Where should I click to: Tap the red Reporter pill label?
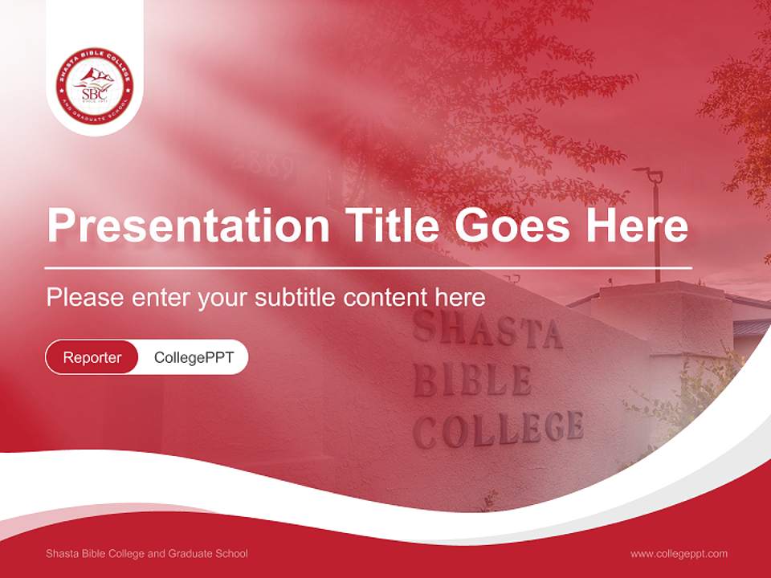[92, 357]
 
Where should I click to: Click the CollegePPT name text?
[194, 357]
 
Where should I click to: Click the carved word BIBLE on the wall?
[472, 380]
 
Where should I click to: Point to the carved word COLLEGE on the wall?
[498, 429]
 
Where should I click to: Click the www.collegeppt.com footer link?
[679, 553]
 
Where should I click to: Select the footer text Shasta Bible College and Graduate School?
[147, 553]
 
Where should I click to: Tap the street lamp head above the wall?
[649, 173]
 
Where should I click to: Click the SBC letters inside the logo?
[93, 91]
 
